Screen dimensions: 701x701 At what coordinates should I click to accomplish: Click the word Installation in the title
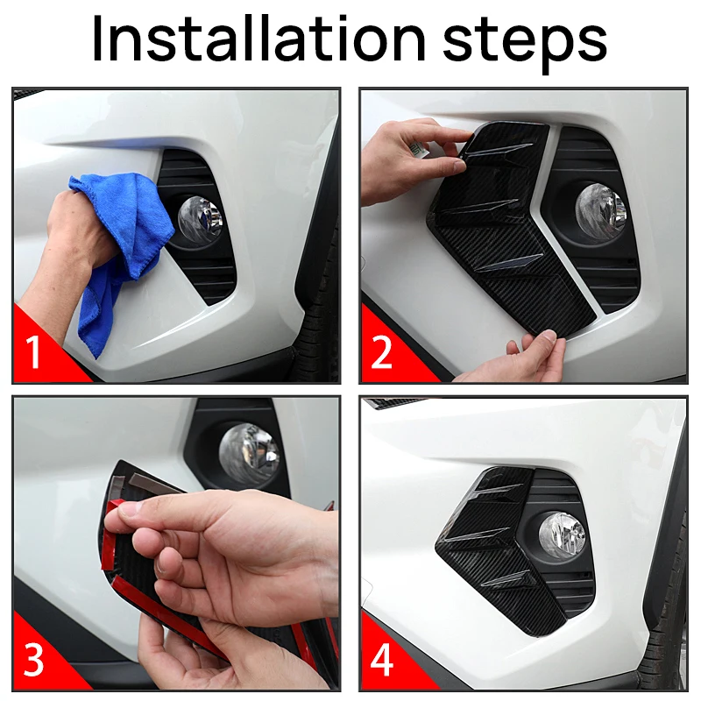[258, 39]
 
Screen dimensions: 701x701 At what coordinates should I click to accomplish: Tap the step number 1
[33, 352]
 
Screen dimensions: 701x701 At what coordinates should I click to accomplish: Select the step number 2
[381, 352]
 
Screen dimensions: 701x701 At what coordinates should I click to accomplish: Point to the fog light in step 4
[562, 535]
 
